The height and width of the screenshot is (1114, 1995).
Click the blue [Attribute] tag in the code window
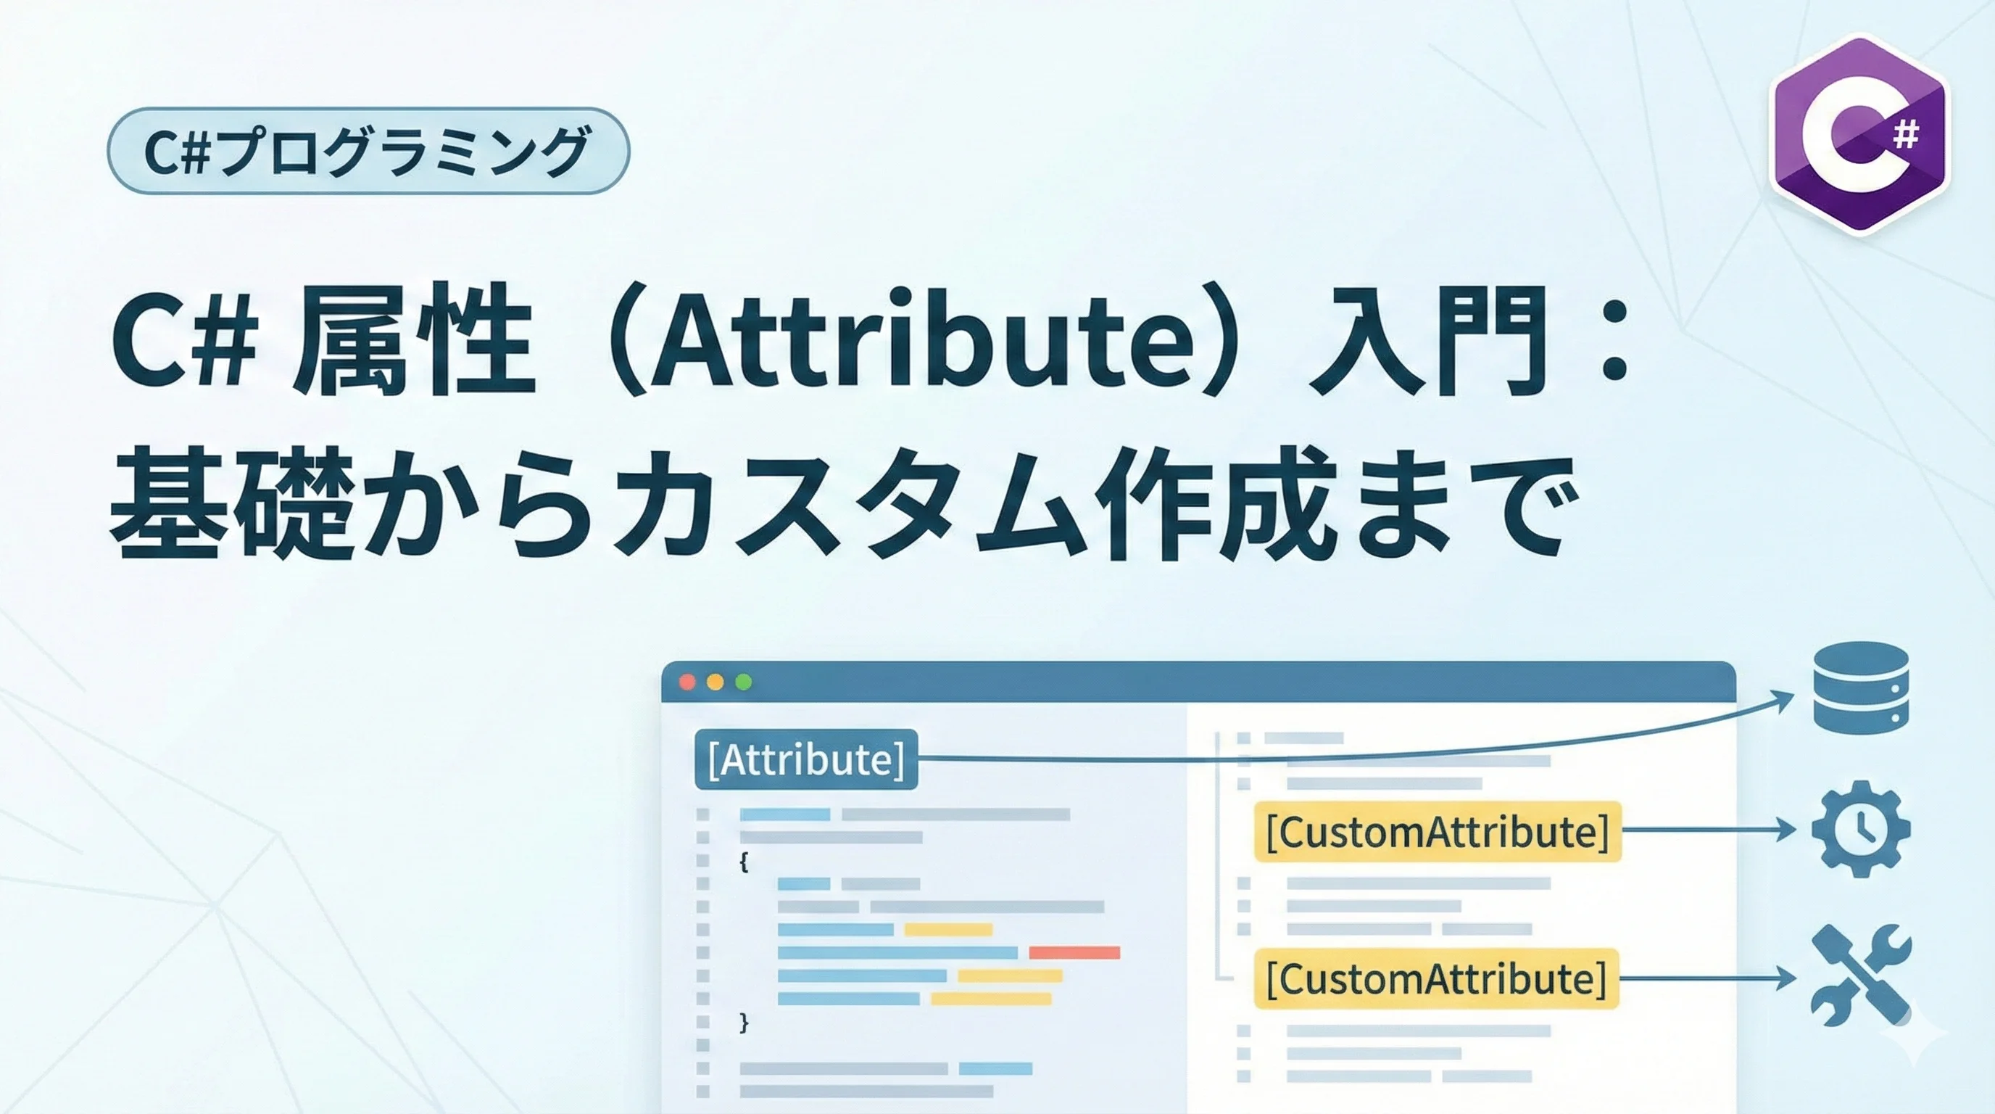806,759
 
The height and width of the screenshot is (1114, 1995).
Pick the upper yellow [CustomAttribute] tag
1438,831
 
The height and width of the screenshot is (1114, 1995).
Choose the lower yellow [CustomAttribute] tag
1437,978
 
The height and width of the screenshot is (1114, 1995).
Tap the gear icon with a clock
1860,829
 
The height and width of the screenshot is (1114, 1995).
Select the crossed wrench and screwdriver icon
1860,976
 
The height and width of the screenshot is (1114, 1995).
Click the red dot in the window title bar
687,682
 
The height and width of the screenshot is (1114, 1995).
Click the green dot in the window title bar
744,682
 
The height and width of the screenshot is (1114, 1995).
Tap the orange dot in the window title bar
716,682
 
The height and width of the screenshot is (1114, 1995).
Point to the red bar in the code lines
1074,952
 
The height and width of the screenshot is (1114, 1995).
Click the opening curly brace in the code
744,862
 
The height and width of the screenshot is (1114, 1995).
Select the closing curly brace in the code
744,1023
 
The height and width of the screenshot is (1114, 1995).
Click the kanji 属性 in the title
415,340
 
